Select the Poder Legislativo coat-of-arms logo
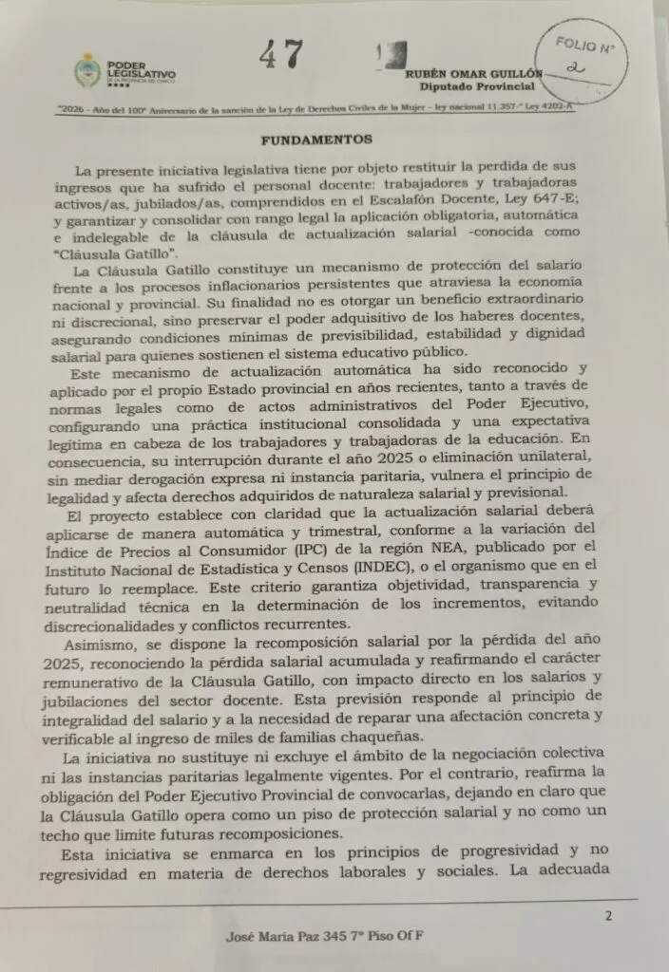(87, 71)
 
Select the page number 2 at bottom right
(608, 915)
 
